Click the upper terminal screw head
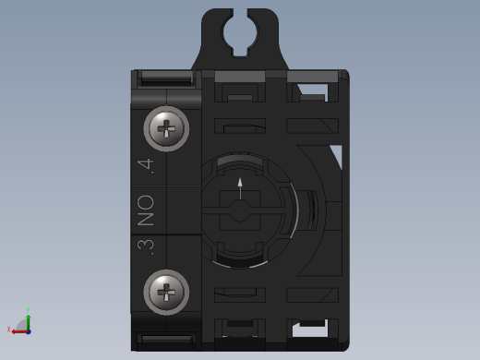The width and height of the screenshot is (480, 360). tap(167, 129)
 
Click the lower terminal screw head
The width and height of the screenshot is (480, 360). tap(167, 294)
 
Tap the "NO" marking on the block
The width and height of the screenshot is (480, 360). tap(145, 210)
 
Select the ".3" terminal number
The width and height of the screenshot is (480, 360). tap(144, 246)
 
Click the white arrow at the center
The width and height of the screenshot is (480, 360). tap(240, 187)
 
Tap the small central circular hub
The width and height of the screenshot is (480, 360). tap(240, 210)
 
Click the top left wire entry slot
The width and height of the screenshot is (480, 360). tap(166, 80)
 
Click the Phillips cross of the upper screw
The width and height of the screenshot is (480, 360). tap(167, 129)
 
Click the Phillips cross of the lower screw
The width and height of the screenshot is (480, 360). tap(167, 294)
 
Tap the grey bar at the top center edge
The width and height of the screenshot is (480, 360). tap(239, 75)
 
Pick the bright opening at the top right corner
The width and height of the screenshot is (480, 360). tap(312, 91)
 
